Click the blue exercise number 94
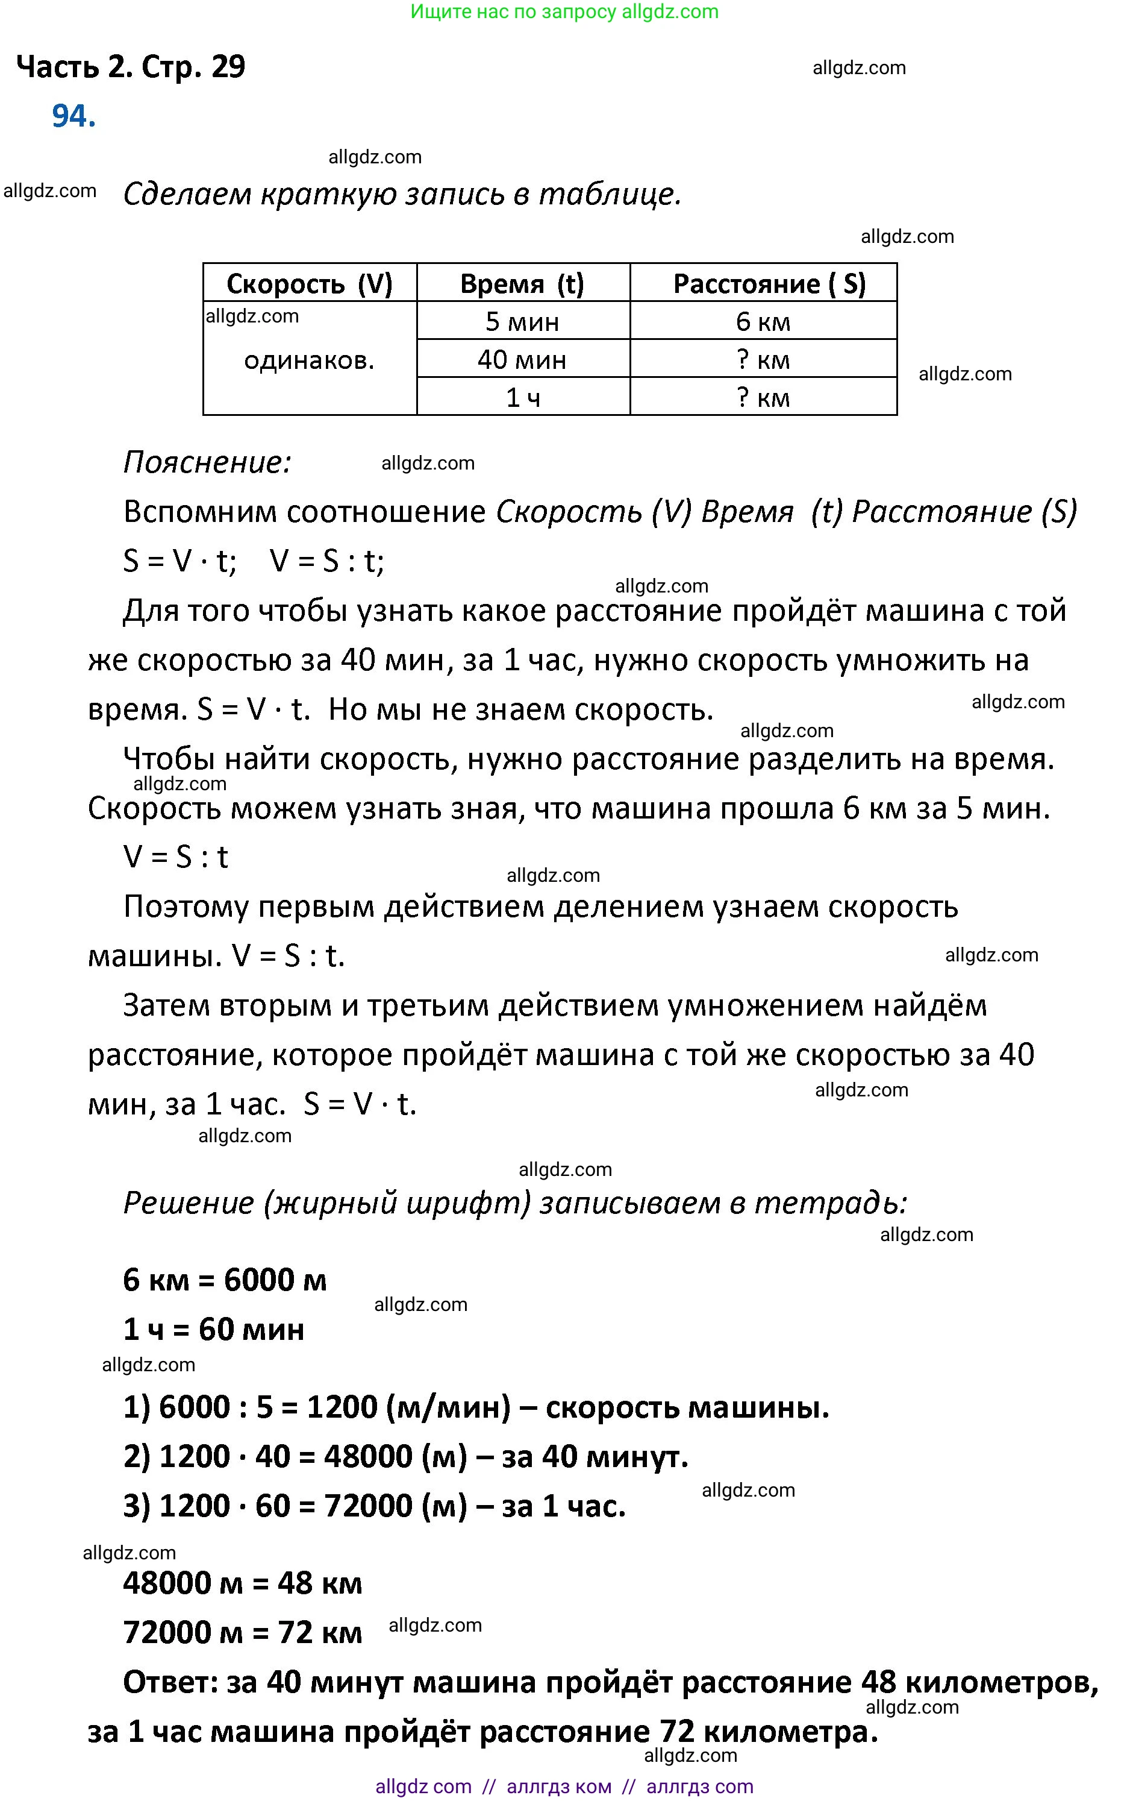tap(73, 116)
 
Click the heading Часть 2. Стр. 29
tap(131, 68)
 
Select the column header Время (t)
tap(522, 283)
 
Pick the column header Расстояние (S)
tap(769, 283)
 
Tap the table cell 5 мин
tap(522, 321)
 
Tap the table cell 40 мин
tap(522, 360)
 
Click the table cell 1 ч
tap(522, 397)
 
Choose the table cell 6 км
tap(763, 321)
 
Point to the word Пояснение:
tap(206, 462)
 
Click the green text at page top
tap(564, 11)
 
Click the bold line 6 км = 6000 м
tap(224, 1280)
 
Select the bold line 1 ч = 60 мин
tap(213, 1329)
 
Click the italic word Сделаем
tap(187, 194)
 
